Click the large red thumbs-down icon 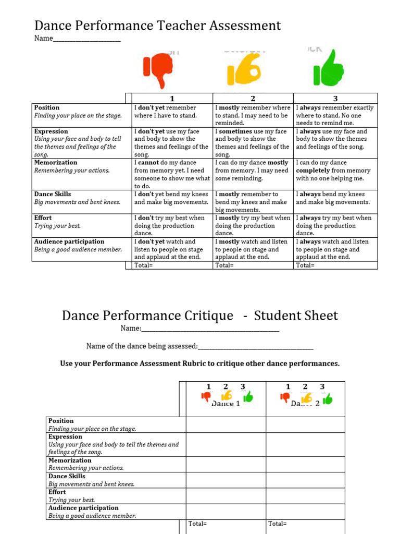click(158, 71)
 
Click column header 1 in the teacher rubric click(172, 99)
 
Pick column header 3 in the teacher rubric click(335, 99)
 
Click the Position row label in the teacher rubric click(47, 107)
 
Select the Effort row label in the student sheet click(57, 492)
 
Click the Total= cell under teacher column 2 click(224, 265)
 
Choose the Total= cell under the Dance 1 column click(198, 524)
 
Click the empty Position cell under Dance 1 click(226, 424)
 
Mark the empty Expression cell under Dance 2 click(305, 444)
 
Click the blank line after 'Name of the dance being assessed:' click(256, 346)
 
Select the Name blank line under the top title click(86, 39)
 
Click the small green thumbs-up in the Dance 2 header click(327, 399)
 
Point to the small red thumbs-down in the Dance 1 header click(206, 397)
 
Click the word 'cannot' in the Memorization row click(149, 163)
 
